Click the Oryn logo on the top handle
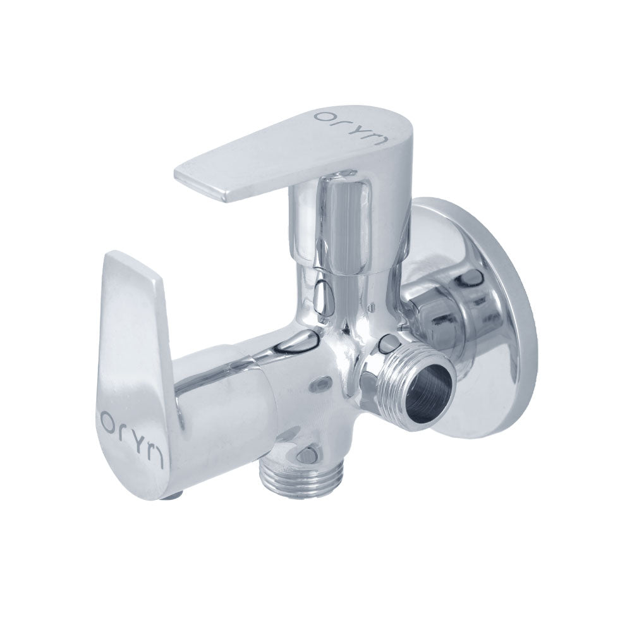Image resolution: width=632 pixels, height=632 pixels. pos(351,126)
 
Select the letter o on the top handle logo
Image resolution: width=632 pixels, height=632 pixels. pos(322,118)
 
